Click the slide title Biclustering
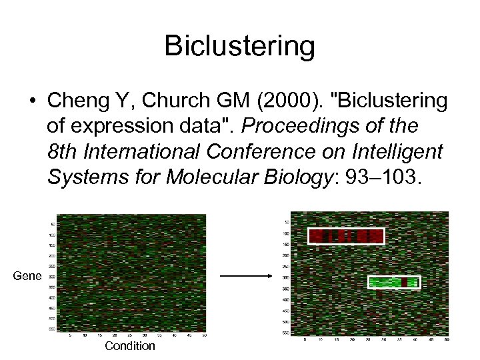click(239, 46)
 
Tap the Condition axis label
click(129, 346)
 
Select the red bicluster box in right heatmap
click(346, 236)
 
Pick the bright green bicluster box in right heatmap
click(394, 282)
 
